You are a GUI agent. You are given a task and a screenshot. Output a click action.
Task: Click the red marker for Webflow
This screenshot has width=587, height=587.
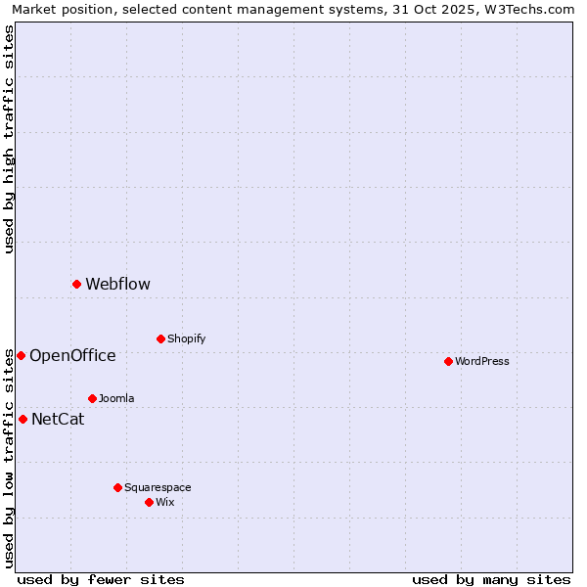pos(76,285)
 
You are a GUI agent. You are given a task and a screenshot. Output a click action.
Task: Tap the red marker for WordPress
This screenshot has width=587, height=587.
pos(448,362)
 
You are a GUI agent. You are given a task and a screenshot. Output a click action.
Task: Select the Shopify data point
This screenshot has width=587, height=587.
pos(160,339)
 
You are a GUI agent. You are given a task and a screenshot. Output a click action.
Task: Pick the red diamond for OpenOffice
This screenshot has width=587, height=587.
pos(21,356)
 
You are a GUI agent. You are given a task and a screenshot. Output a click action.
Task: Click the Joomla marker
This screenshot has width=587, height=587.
pos(92,399)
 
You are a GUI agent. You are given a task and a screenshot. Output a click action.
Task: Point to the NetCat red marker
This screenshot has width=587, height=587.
pos(23,420)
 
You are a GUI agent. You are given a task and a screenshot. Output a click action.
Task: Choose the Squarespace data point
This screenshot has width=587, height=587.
pos(117,488)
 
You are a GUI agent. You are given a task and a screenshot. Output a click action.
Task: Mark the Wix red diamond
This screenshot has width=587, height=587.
pos(149,503)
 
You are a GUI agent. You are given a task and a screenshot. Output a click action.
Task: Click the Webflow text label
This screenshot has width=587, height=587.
pos(117,285)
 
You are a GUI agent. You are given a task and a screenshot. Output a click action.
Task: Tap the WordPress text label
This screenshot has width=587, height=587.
pos(482,362)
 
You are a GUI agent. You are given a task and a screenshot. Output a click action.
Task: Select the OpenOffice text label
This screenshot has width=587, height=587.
pos(72,356)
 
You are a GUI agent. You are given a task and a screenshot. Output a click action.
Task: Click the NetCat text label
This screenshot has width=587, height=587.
pos(58,420)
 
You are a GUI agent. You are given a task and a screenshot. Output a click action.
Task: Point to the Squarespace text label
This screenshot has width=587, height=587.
pos(158,488)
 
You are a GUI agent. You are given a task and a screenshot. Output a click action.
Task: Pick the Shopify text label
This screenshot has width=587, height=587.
pos(186,339)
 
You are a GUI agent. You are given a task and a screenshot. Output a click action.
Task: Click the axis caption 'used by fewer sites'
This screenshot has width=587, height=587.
pos(101,580)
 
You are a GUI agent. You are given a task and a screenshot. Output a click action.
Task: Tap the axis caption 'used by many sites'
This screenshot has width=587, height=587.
pos(491,580)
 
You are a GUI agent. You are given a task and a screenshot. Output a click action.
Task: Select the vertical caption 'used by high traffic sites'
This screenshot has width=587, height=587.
pos(9,139)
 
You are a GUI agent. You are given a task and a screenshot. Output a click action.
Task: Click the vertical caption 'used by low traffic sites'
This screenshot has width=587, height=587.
pos(9,459)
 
